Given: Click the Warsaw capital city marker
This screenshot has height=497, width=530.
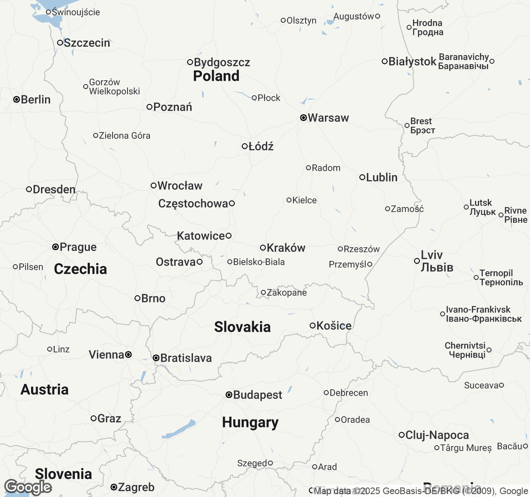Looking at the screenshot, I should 304,118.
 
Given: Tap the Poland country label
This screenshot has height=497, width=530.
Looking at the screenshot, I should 216,76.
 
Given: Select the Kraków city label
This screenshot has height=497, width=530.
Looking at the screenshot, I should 286,248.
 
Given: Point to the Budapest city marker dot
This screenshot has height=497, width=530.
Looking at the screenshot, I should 229,395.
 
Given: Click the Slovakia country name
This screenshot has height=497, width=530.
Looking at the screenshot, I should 242,327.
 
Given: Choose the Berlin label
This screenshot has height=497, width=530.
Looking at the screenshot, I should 36,99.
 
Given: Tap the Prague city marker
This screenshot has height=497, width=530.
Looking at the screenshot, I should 55,247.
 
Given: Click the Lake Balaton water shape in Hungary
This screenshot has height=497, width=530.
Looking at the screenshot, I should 179,429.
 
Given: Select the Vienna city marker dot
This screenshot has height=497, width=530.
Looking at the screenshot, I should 129,355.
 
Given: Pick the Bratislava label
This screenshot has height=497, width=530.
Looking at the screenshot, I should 186,358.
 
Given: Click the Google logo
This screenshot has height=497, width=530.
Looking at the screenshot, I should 28,487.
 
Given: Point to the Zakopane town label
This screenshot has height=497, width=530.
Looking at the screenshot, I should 287,292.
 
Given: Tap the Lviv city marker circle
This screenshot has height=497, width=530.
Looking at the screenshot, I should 417,261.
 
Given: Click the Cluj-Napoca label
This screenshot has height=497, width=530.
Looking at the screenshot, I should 437,435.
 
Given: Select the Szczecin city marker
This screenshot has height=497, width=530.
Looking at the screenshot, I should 60,43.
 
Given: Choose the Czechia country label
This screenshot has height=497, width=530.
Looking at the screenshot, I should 80,269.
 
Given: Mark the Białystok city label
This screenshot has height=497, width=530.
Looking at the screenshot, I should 412,61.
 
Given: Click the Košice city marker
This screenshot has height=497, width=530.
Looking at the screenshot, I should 313,326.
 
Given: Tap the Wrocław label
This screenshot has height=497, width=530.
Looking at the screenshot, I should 180,186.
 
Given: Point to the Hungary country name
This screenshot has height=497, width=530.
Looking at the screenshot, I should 250,422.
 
